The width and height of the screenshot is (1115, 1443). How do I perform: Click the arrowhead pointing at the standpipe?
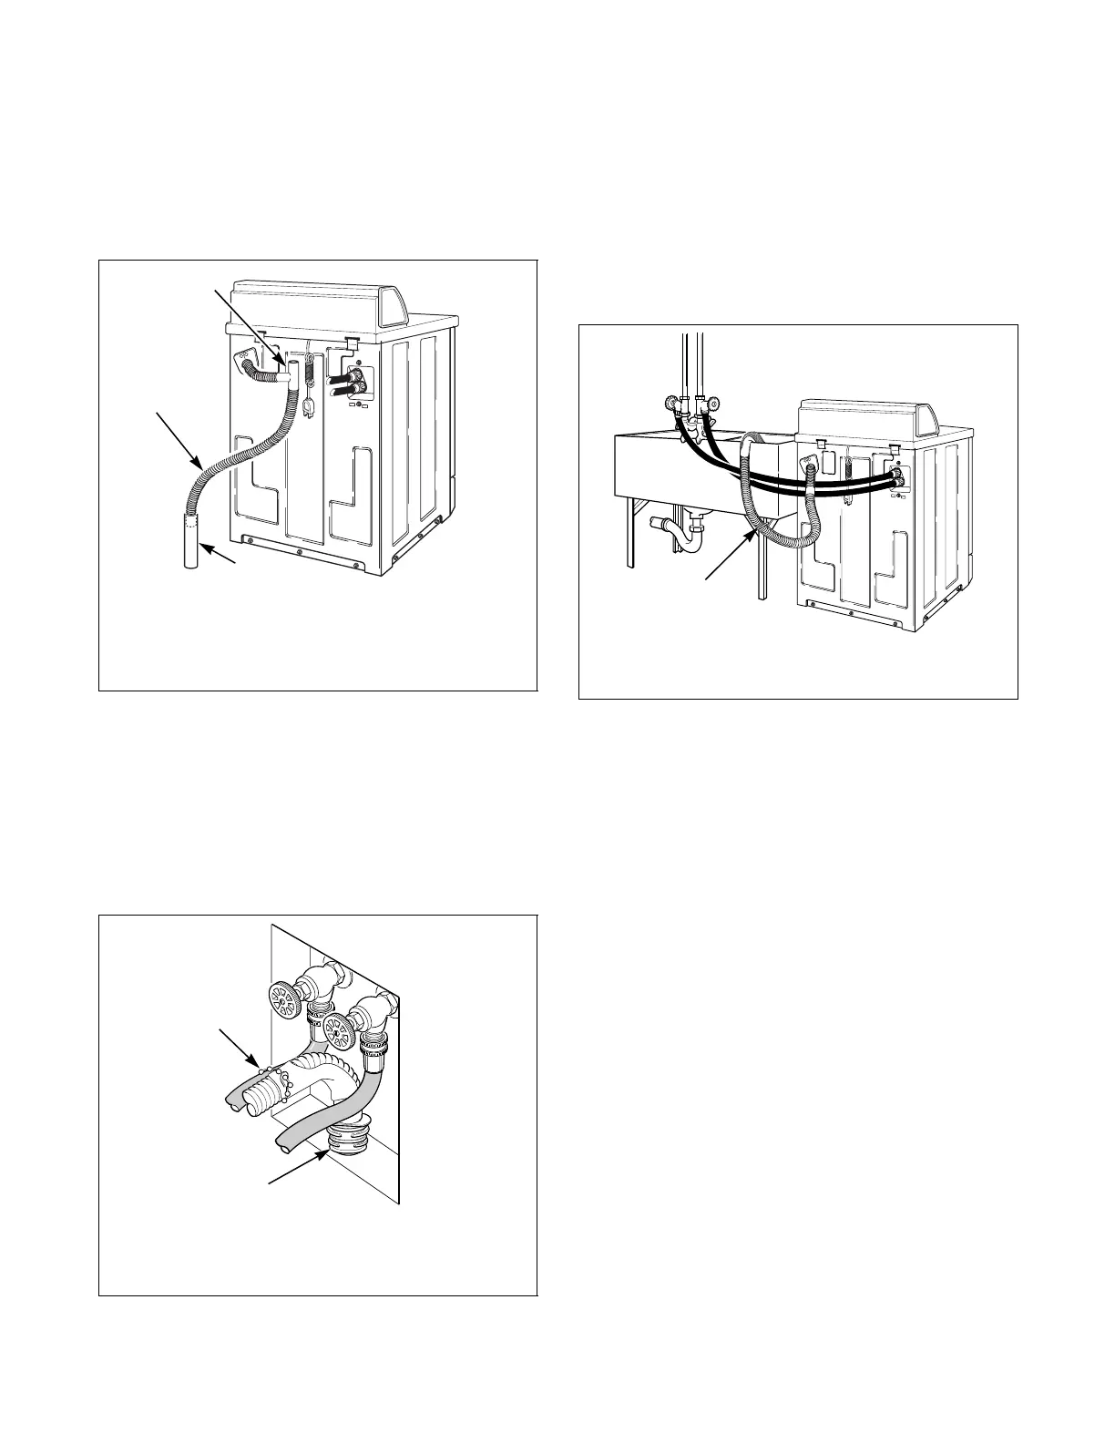206,547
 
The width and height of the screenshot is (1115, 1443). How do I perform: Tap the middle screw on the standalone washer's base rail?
300,552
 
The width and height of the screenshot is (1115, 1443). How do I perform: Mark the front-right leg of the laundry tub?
762,565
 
